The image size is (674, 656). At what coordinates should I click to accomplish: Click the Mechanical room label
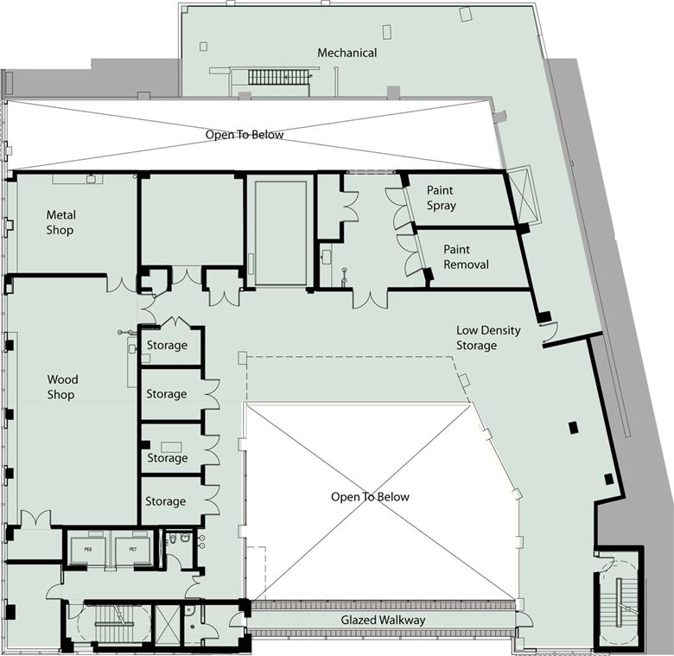pos(347,53)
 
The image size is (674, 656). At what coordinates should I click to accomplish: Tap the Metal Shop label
pos(60,222)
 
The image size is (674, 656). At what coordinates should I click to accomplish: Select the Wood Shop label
pos(62,387)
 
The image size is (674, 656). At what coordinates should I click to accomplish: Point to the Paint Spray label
pos(441,198)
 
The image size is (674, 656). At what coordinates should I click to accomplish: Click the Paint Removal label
pos(466,257)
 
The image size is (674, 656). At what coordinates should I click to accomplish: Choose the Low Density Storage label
pos(488,338)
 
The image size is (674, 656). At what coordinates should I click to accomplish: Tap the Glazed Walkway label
pos(383,620)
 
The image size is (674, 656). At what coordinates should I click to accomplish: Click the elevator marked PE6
pos(88,550)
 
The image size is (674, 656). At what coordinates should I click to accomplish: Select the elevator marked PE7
pos(133,550)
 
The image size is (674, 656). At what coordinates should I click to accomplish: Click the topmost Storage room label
pos(167,345)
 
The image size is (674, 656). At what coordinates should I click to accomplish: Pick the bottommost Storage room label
pos(166,501)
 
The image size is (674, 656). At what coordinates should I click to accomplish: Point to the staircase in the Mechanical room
pos(278,78)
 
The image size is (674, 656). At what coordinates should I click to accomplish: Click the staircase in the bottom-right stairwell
pos(619,602)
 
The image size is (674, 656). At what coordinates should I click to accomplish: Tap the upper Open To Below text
pos(245,135)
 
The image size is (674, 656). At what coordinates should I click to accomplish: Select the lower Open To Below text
pos(370,497)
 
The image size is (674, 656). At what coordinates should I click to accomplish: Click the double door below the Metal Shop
pos(122,283)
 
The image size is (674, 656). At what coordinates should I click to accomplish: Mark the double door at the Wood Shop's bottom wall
pos(35,518)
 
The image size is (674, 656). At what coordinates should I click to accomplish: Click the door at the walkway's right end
pos(524,620)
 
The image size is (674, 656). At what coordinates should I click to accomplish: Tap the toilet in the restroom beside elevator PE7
pos(171,538)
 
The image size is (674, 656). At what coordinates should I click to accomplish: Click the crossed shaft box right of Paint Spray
pos(521,195)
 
